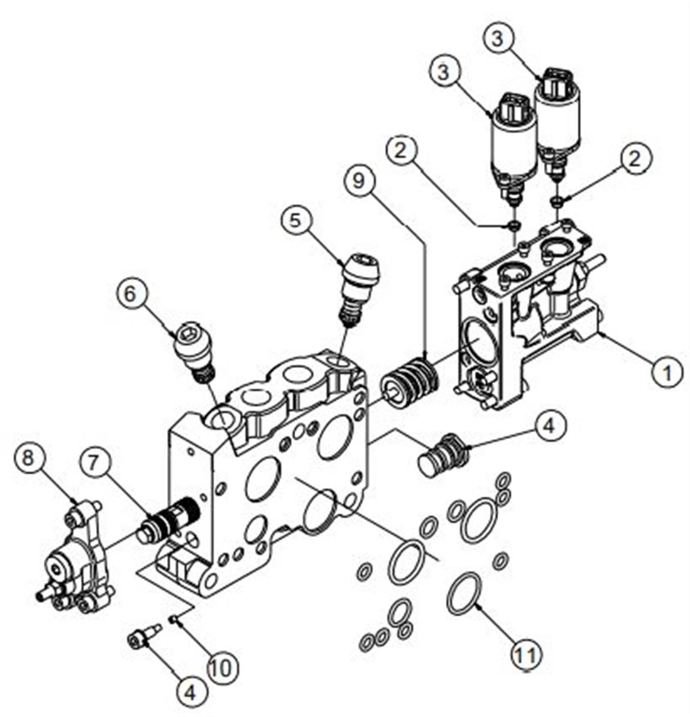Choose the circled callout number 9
359,180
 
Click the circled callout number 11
527,654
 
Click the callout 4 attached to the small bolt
190,692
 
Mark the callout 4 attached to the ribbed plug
549,426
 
